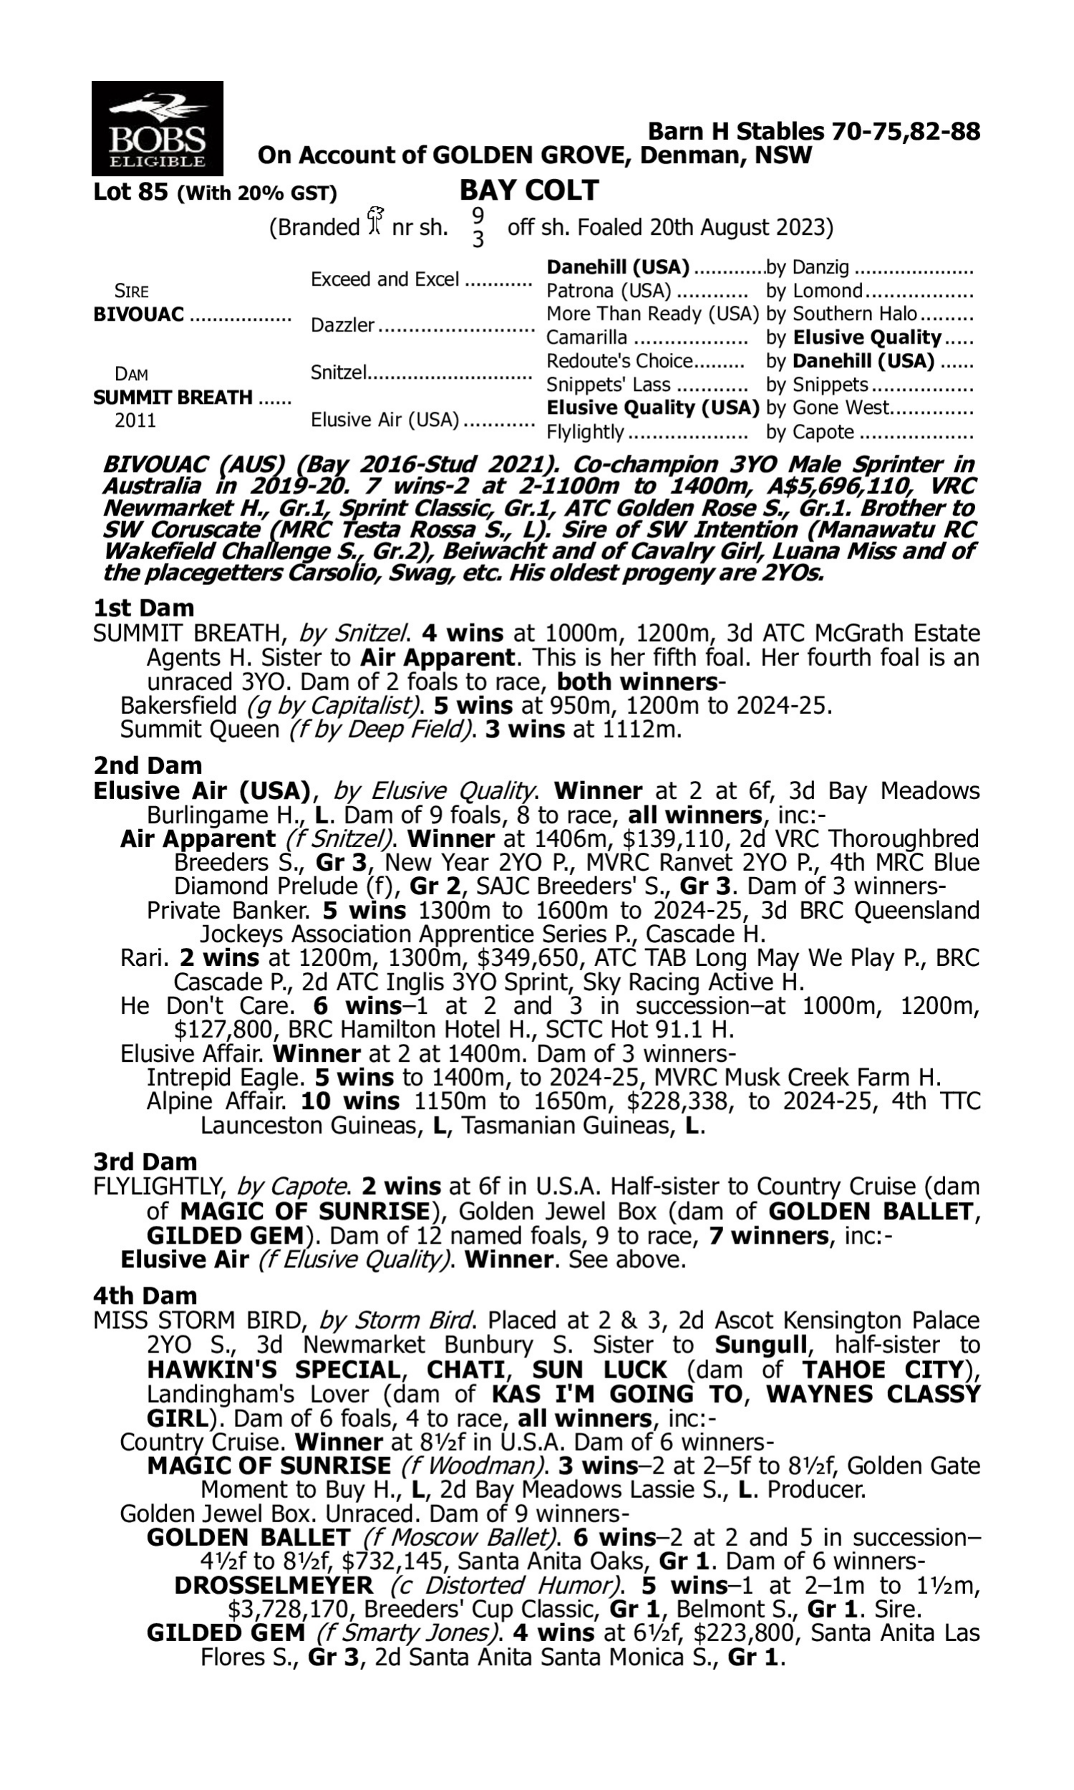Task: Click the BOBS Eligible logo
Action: [157, 128]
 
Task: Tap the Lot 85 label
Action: [131, 193]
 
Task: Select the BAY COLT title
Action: [528, 190]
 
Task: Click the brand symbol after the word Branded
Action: [374, 221]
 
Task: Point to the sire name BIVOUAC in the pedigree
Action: [139, 315]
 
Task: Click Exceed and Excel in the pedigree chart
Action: [384, 279]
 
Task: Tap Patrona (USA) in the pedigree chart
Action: [608, 291]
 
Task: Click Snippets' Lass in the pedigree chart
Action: [608, 385]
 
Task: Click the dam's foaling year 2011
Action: [135, 420]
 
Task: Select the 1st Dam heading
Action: [144, 608]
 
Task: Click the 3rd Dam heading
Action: [145, 1162]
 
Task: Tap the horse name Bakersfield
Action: [179, 705]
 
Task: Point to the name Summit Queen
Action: [199, 729]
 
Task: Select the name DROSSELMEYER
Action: [274, 1586]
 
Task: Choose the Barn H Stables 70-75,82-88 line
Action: [813, 131]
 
